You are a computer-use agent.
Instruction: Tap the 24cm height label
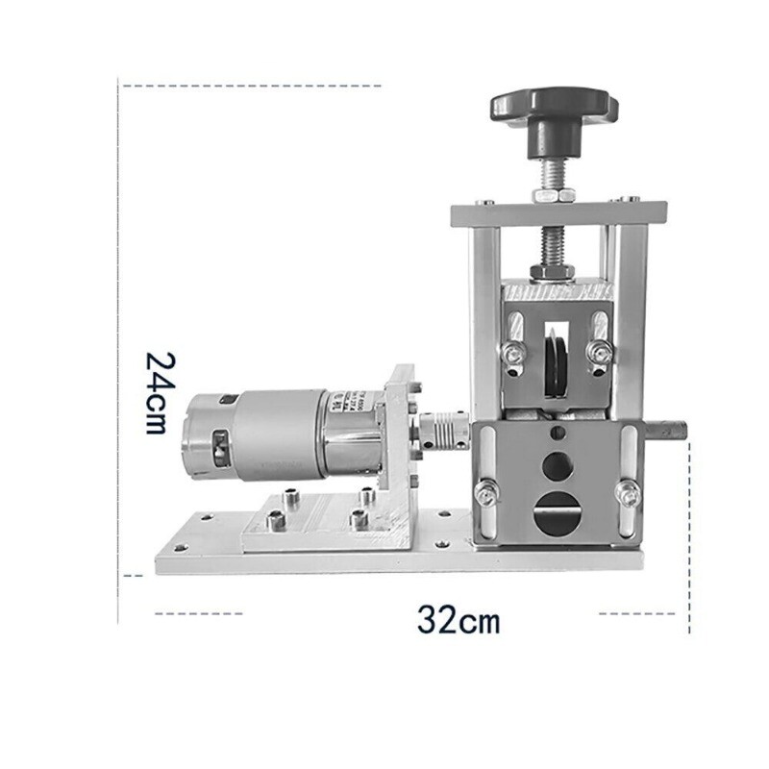coord(161,392)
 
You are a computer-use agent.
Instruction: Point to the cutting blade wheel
coord(556,365)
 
